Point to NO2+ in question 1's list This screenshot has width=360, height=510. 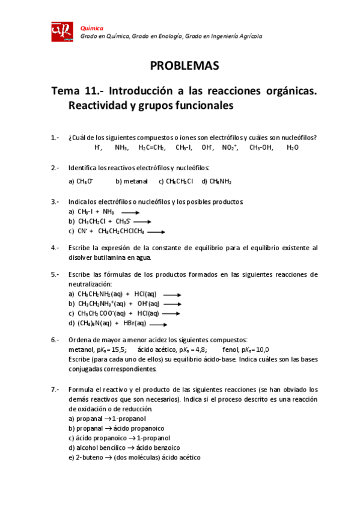pyautogui.click(x=230, y=147)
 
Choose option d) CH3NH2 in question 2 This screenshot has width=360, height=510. pyautogui.click(x=217, y=180)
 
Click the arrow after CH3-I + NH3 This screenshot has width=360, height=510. pyautogui.click(x=130, y=212)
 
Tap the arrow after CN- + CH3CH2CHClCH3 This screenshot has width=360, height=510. pyautogui.click(x=155, y=231)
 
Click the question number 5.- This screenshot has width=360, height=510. pyautogui.click(x=55, y=275)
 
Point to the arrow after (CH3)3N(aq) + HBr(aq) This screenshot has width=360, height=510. pyautogui.click(x=157, y=324)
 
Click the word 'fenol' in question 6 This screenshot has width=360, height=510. pyautogui.click(x=231, y=349)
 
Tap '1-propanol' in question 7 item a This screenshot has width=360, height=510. pyautogui.click(x=129, y=419)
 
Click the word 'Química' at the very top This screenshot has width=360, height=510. pyautogui.click(x=92, y=28)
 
